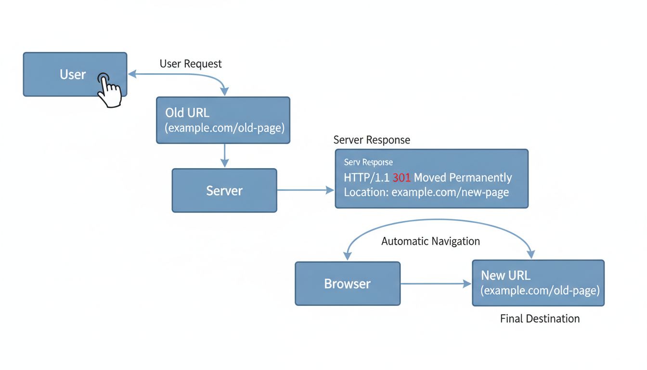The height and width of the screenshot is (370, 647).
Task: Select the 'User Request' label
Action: point(191,64)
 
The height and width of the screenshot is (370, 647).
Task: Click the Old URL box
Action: point(223,120)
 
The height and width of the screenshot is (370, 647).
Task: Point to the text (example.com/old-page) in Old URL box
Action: point(225,129)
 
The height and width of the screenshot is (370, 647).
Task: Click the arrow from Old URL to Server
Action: point(223,156)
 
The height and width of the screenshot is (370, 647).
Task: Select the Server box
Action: point(224,190)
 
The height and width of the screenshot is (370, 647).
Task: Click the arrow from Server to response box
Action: point(305,190)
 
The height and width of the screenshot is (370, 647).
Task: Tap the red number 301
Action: point(401,178)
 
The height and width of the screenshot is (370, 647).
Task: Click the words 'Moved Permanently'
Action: point(463,178)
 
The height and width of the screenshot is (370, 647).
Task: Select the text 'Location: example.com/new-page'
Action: point(426,192)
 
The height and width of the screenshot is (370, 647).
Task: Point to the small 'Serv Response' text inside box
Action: point(368,162)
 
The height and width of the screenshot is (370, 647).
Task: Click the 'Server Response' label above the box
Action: point(372,140)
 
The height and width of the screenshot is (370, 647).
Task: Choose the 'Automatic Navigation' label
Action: point(430,241)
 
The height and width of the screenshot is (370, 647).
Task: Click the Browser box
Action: point(347,284)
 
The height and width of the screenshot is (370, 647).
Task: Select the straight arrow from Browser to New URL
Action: point(436,284)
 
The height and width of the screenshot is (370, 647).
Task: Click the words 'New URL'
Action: point(505,276)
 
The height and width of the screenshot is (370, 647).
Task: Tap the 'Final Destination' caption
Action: point(540,318)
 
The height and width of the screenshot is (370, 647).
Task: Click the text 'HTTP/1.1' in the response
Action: point(366,178)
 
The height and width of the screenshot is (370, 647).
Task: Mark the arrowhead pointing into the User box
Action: point(131,74)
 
